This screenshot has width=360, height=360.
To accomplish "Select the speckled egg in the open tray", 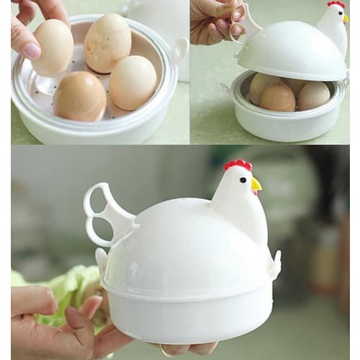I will point(108,42).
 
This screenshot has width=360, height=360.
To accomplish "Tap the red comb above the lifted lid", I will point(336,4).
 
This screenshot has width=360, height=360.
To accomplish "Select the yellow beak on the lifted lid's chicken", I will point(346,18).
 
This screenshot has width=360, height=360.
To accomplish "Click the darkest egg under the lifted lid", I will point(277,97).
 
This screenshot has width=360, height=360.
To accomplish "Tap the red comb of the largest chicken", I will point(238,165).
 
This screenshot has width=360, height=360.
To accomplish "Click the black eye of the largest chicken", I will point(243,179).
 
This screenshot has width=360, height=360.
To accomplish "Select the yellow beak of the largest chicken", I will point(256,186).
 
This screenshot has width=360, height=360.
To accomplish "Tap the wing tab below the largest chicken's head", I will point(274,263).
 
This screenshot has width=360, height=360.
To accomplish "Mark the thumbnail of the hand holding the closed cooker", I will point(78,320).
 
